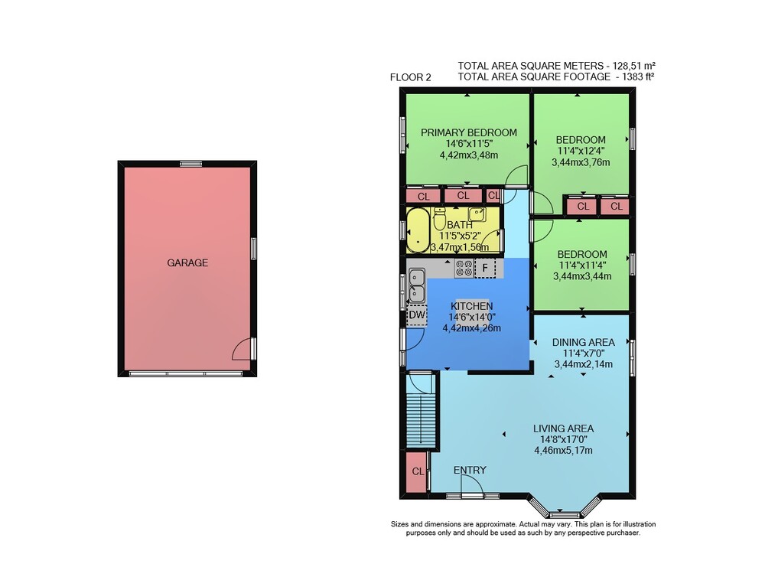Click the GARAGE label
[x=187, y=262]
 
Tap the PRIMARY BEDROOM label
[x=469, y=132]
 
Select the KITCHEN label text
[x=471, y=306]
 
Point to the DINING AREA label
[x=583, y=342]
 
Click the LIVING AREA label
[x=563, y=429]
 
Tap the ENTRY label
[x=470, y=470]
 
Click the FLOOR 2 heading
[x=410, y=77]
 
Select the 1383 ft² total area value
[x=635, y=77]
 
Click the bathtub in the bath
[x=418, y=230]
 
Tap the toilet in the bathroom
[x=440, y=218]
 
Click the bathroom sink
[x=477, y=213]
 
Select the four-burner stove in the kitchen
[x=464, y=268]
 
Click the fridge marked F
[x=485, y=268]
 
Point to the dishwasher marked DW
[x=417, y=315]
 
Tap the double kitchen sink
[x=416, y=285]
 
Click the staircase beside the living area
[x=421, y=420]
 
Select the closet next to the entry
[x=417, y=471]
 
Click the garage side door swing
[x=242, y=349]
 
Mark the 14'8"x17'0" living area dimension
[x=563, y=439]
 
